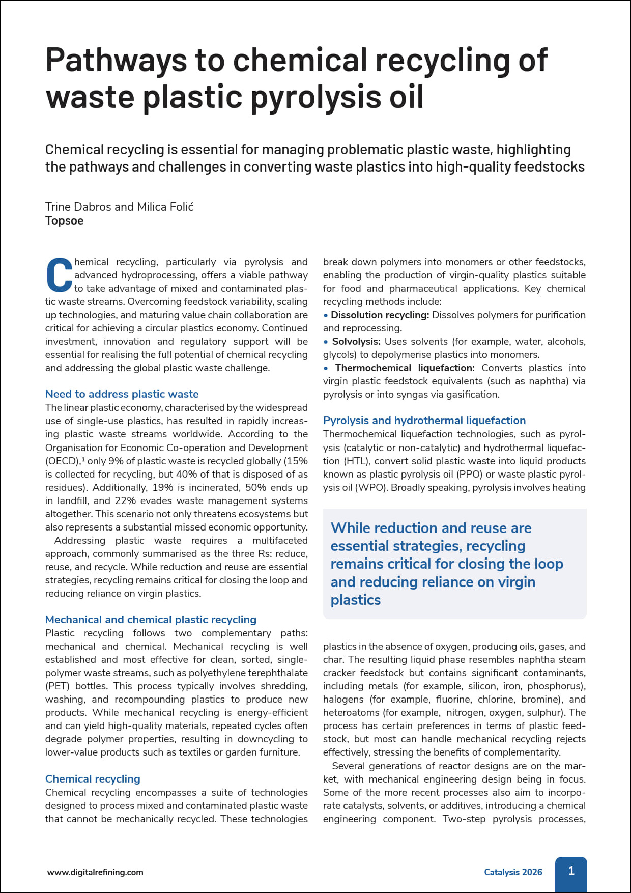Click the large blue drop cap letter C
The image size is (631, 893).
[x=59, y=275]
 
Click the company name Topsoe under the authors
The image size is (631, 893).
[x=64, y=221]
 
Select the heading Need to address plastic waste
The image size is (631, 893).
[x=122, y=394]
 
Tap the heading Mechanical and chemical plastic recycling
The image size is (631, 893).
[x=151, y=620]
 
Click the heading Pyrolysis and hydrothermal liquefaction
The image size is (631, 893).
[x=424, y=421]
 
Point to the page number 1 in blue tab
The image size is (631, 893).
[x=571, y=871]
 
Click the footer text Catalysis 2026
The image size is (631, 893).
[x=512, y=872]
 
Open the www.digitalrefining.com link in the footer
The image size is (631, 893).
[x=95, y=872]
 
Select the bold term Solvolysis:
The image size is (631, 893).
[x=356, y=342]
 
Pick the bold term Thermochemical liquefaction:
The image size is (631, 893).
[x=405, y=368]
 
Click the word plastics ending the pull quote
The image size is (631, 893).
[x=355, y=600]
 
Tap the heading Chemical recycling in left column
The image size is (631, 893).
[x=93, y=779]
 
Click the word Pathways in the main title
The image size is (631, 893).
[x=116, y=60]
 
